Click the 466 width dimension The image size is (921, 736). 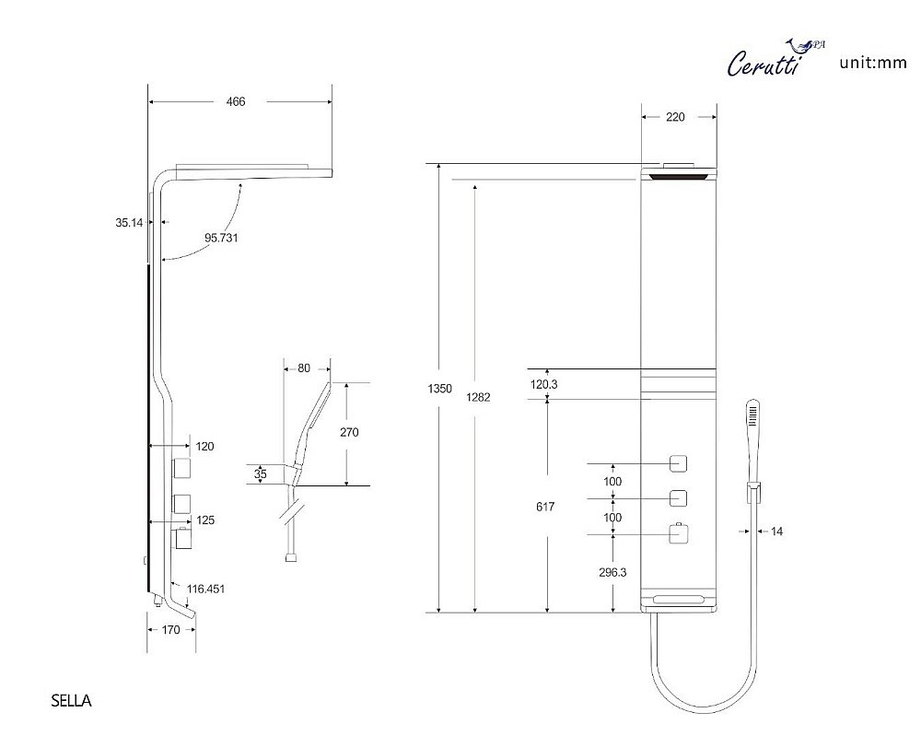(x=236, y=102)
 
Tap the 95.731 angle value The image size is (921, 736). (x=221, y=237)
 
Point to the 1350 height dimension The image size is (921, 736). (x=440, y=389)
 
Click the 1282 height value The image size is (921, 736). (x=478, y=397)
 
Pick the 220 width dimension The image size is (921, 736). (x=675, y=117)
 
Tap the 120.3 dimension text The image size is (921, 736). (x=544, y=384)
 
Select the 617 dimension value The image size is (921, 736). (x=544, y=506)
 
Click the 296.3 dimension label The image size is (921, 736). (x=612, y=572)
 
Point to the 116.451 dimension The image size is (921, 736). (x=206, y=589)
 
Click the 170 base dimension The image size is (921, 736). (x=170, y=631)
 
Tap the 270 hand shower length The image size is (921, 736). (x=349, y=432)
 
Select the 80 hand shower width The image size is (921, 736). (x=304, y=368)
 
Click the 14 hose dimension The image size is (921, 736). (x=776, y=532)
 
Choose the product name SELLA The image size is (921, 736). (x=72, y=701)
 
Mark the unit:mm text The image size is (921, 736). (x=874, y=64)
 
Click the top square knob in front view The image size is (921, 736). (x=679, y=462)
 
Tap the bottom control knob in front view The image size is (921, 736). (x=679, y=533)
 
